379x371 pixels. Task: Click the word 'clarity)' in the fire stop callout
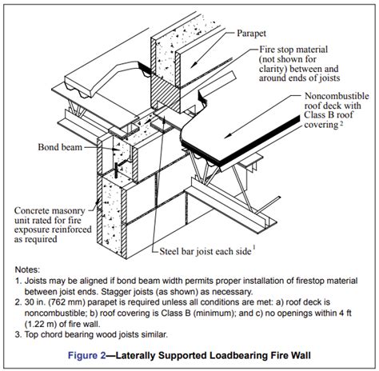click(x=277, y=71)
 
